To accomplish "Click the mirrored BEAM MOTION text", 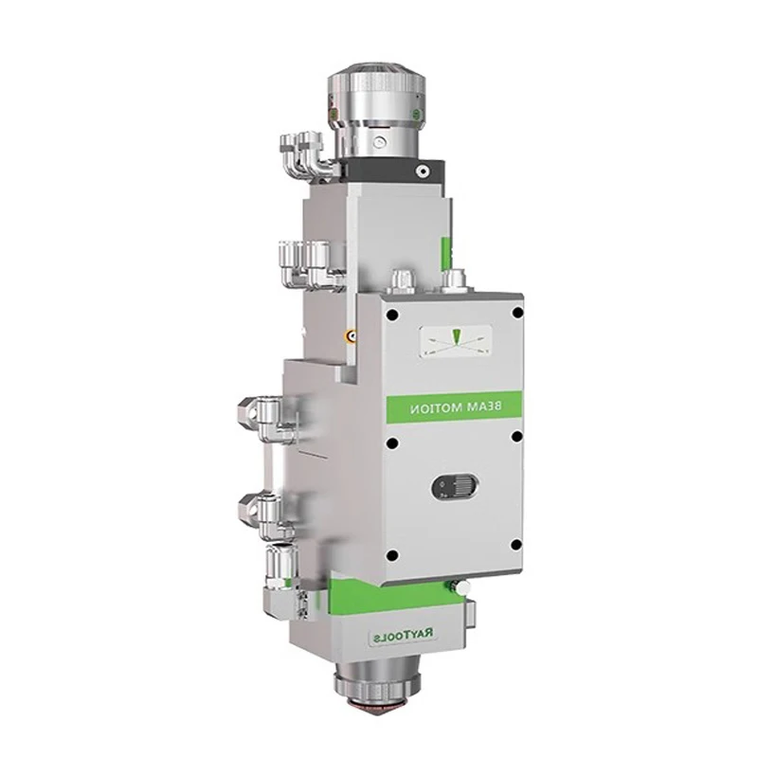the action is (x=456, y=408).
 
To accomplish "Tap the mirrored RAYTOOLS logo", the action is (x=404, y=637).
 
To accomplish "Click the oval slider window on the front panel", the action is (x=455, y=486).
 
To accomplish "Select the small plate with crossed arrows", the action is (x=456, y=342).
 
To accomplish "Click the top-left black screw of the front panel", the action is (x=392, y=316).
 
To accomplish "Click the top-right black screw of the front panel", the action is (x=517, y=313).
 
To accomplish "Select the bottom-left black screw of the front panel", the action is (x=393, y=556).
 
